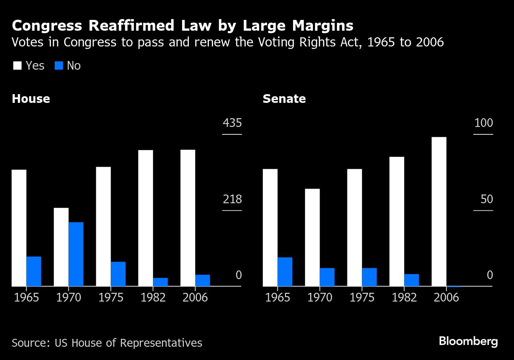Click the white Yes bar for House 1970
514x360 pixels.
61,247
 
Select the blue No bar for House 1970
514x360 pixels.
76,254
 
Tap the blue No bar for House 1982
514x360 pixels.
160,282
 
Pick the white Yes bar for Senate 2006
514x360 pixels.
439,212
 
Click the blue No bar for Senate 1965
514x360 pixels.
285,272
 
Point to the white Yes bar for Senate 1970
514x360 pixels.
313,237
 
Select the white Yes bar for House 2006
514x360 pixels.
188,218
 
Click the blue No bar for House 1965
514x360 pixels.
34,271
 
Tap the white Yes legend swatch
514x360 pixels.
17,66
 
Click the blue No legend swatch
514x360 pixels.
59,66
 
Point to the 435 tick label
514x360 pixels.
232,123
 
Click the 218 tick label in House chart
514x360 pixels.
232,199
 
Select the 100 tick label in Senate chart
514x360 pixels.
484,123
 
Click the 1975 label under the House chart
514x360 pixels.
110,298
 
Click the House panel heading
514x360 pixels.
31,99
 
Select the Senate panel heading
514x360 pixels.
284,99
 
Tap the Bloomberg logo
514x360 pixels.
468,341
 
